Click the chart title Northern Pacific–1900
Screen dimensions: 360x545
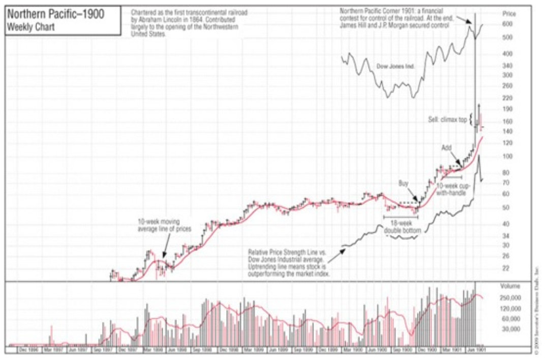[x=55, y=14]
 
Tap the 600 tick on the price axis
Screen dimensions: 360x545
[x=507, y=24]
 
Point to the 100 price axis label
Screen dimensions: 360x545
[x=507, y=156]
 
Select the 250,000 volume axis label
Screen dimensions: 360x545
[x=510, y=296]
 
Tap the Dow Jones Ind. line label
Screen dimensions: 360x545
[x=396, y=67]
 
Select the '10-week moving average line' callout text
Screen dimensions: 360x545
[x=164, y=225]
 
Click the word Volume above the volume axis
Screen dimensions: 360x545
[x=510, y=286]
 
